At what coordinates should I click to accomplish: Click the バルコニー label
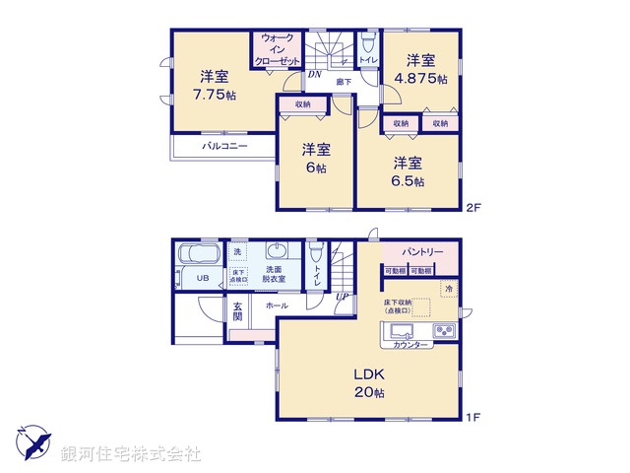tap(224, 146)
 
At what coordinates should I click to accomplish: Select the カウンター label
tap(409, 346)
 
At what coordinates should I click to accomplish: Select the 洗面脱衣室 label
tap(274, 273)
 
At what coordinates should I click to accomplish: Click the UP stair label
tap(342, 297)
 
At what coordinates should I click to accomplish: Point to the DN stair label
tap(314, 73)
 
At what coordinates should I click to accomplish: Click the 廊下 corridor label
tap(344, 84)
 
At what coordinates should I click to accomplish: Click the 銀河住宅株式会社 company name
tap(131, 453)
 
